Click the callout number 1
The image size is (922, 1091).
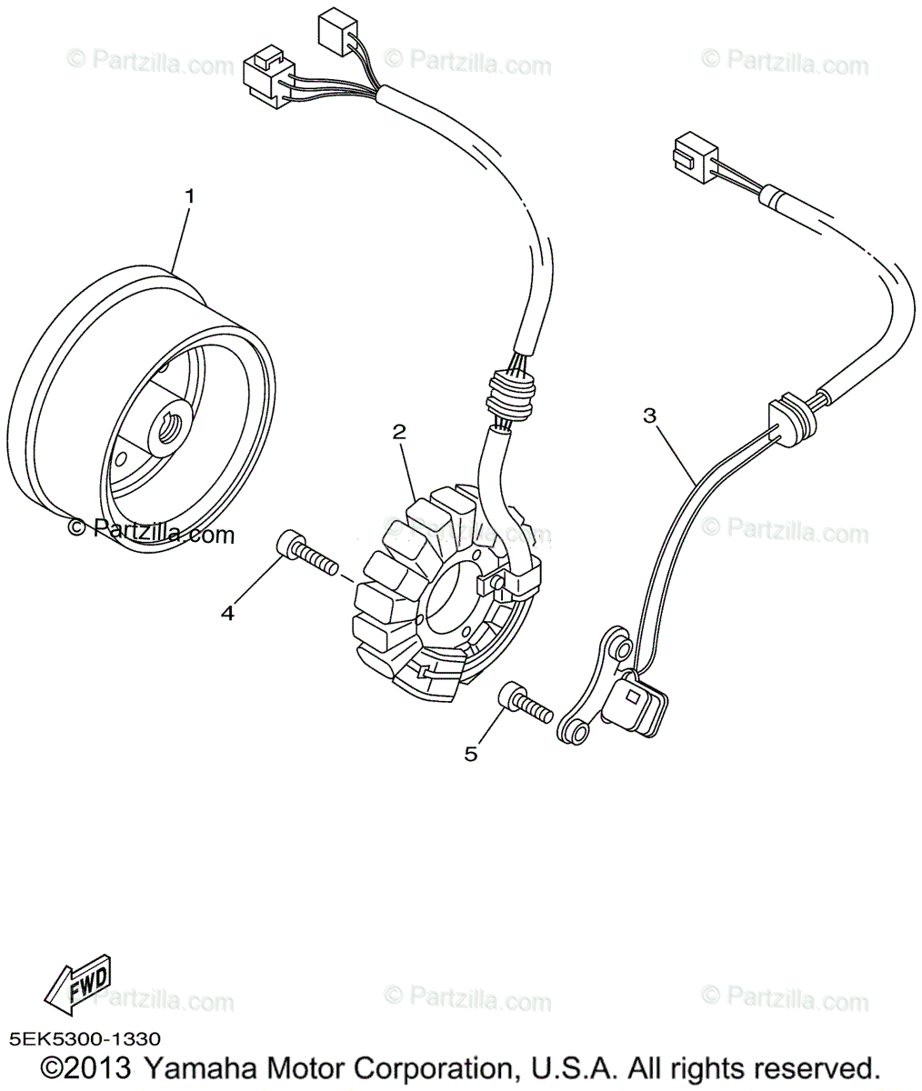[x=190, y=195]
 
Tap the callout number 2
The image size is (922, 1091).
[x=398, y=432]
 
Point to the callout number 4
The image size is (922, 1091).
[x=227, y=614]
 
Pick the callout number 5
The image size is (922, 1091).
[x=470, y=753]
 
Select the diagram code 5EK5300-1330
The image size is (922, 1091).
[x=85, y=1038]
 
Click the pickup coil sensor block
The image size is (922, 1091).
[x=637, y=706]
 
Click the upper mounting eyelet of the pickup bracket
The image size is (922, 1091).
[x=617, y=647]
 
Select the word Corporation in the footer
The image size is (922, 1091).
[x=431, y=1068]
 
